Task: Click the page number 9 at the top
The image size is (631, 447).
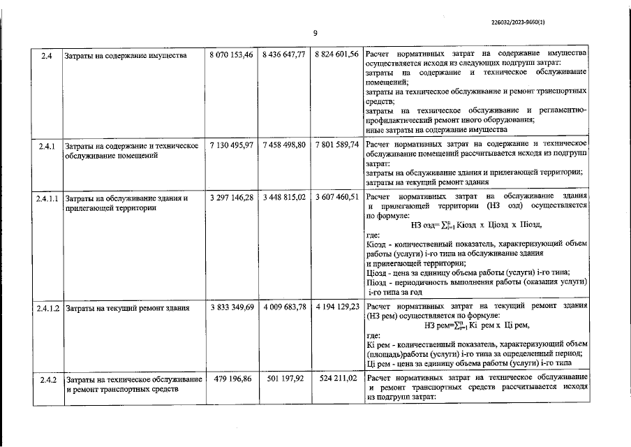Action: point(315,33)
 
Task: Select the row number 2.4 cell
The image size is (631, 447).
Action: point(47,55)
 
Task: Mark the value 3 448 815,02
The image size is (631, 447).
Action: point(285,198)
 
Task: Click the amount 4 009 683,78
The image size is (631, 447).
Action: point(285,307)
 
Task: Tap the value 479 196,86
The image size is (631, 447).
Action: point(231,379)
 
